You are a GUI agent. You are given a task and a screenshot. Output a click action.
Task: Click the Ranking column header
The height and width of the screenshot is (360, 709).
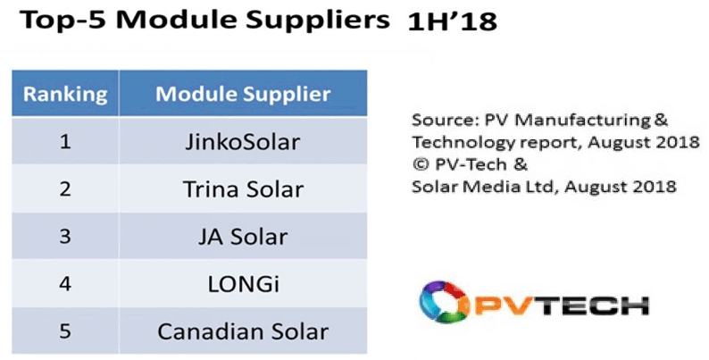point(65,94)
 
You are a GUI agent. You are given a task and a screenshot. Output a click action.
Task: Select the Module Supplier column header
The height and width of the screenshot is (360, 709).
point(243,94)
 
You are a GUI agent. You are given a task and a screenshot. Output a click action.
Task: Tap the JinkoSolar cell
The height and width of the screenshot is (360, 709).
point(242,142)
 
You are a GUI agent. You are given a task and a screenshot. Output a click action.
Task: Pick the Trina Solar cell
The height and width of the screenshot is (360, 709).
point(243,189)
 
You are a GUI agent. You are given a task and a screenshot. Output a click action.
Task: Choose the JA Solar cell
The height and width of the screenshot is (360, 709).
point(243,237)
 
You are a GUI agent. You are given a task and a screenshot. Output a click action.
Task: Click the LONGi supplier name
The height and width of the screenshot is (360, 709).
point(243,284)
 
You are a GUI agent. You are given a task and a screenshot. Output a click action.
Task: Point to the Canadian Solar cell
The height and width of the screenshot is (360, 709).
point(243,332)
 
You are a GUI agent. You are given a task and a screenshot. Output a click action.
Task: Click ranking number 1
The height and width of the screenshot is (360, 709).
point(65,142)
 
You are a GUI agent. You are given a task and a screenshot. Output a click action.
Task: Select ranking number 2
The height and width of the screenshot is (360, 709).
point(65,189)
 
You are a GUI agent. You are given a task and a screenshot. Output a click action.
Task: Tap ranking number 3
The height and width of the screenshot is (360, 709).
point(65,237)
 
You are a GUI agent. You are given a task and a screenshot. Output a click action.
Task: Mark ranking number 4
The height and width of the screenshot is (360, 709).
point(65,284)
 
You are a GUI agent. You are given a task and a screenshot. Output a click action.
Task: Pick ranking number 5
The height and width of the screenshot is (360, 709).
point(65,332)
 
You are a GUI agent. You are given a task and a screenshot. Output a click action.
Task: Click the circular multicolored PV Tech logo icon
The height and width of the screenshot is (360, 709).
point(441,302)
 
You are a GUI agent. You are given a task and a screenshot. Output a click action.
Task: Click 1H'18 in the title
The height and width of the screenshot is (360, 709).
point(452,22)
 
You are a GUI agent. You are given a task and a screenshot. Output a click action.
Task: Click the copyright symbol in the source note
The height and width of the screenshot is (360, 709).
point(421,164)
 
